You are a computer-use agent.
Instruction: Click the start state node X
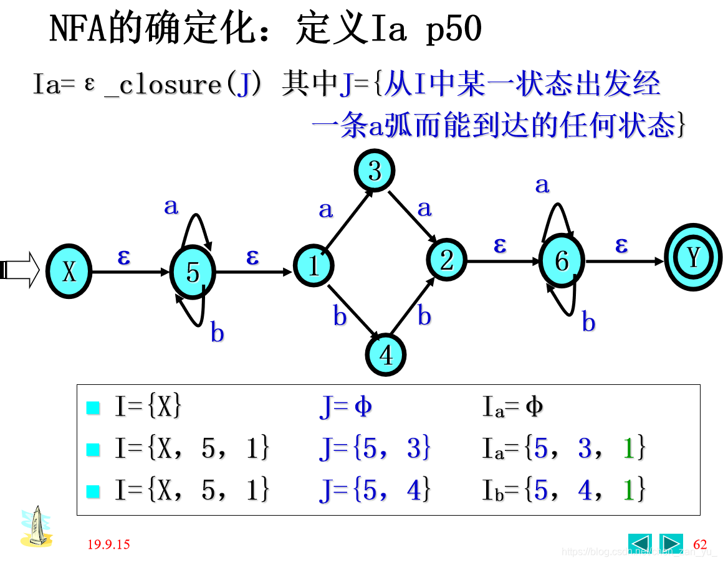point(69,272)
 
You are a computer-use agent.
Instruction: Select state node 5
point(193,272)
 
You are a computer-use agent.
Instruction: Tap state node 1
point(314,266)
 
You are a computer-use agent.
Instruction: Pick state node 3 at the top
point(375,171)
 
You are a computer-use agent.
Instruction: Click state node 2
point(447,260)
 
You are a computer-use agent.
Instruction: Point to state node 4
point(386,355)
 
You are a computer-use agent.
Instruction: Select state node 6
point(562,261)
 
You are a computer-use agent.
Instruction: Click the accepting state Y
point(694,257)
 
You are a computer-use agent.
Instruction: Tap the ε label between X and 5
point(124,256)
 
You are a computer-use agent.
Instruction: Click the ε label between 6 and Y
point(621,245)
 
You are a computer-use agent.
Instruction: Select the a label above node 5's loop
point(171,206)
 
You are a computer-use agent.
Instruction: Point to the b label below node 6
point(588,323)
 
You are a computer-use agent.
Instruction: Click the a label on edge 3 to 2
point(424,208)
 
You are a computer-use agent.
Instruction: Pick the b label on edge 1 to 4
point(340,317)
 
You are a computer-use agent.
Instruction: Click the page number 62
point(700,544)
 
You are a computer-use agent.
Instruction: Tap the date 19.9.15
point(108,544)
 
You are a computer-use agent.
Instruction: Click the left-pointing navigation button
point(639,544)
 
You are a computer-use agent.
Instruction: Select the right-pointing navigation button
point(671,544)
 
